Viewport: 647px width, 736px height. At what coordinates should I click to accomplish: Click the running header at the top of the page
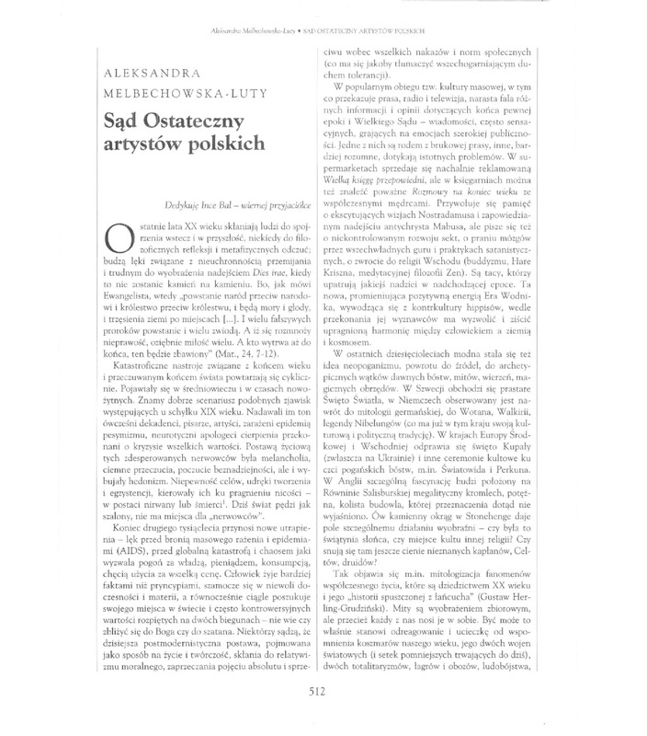tap(323, 30)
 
